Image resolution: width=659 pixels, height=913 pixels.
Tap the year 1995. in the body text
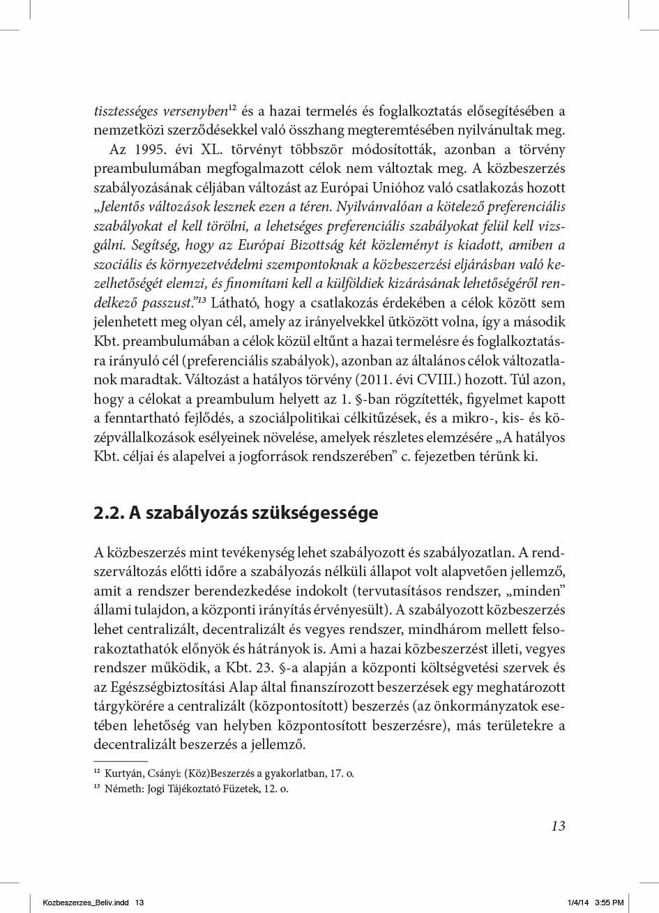tap(154, 151)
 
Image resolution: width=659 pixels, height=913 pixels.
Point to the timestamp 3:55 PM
tap(609, 903)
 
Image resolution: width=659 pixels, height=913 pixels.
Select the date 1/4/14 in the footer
tap(577, 903)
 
